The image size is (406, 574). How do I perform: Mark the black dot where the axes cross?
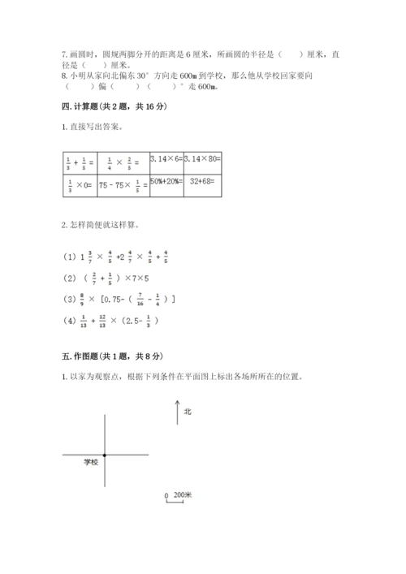[x=106, y=455]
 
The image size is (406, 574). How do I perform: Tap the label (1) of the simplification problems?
[x=68, y=258]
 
